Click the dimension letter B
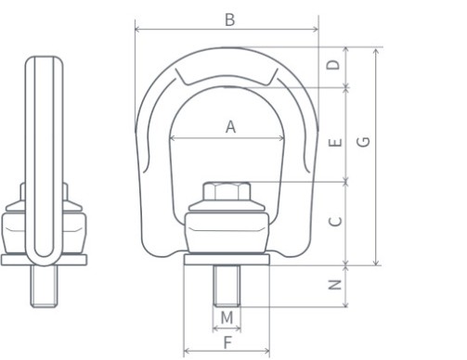coord(229,19)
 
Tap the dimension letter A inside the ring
coord(230,127)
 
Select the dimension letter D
coord(333,65)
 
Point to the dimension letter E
coord(334,142)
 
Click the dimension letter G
coord(363,142)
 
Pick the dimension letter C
coord(335,222)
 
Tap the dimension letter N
coord(334,285)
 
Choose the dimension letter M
coord(227,317)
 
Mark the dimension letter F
coord(227,342)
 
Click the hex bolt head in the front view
coord(227,192)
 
